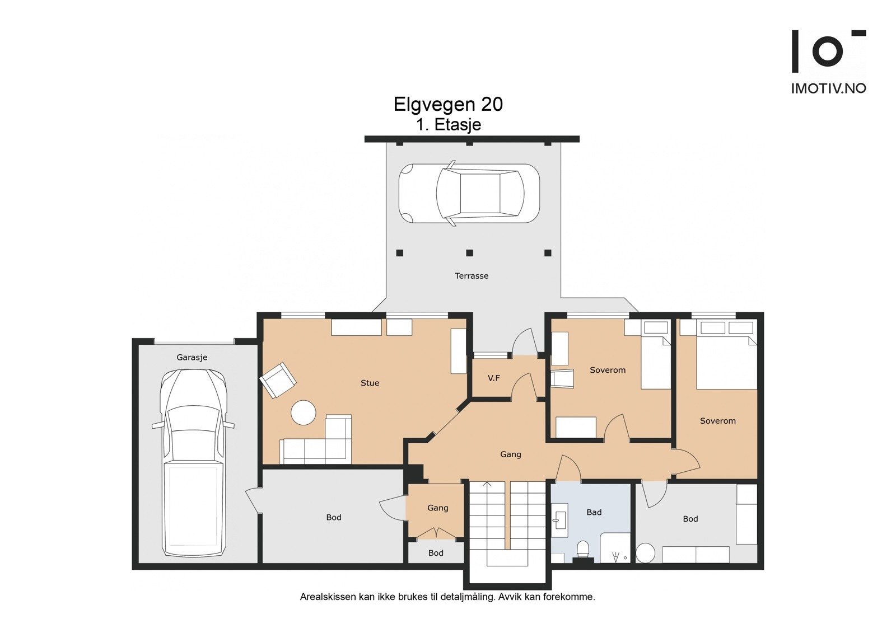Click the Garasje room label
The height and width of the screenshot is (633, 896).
click(x=192, y=357)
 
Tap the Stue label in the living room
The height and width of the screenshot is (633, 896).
click(x=370, y=383)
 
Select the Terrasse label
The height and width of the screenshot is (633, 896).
click(x=472, y=275)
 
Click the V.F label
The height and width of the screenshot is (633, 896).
click(x=493, y=378)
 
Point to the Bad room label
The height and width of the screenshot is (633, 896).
click(x=594, y=512)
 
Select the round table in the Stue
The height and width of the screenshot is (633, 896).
click(x=304, y=412)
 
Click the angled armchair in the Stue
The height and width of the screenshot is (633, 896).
click(x=278, y=380)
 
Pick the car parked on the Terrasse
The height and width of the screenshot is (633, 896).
click(x=469, y=194)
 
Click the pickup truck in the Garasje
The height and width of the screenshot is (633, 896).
click(x=193, y=462)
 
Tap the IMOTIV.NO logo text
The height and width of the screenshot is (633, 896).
click(x=829, y=88)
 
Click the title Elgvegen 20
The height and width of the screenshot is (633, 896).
click(x=448, y=104)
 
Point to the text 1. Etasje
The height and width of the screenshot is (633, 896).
click(x=449, y=125)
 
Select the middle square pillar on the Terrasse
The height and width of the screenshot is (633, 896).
click(x=470, y=253)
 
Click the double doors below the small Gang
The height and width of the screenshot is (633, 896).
click(x=436, y=533)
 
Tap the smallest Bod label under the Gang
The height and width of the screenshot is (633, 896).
click(x=436, y=553)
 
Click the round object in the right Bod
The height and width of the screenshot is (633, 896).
click(x=645, y=553)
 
